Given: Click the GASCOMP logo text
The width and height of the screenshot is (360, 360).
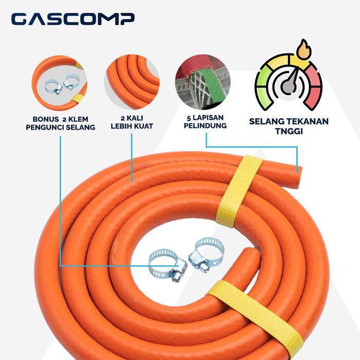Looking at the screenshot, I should click(x=73, y=19).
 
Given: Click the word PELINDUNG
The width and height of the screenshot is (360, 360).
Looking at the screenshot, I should click(x=206, y=125).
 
